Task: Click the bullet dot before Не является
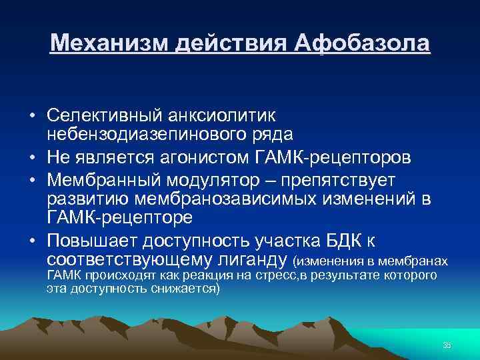pyautogui.click(x=32, y=158)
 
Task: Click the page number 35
pyautogui.click(x=446, y=345)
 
